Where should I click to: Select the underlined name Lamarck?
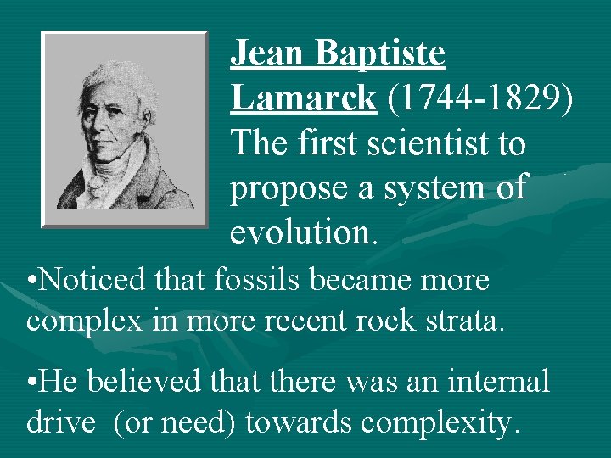coord(303,98)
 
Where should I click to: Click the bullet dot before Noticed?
coord(31,280)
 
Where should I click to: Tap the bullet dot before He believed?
coord(31,382)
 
